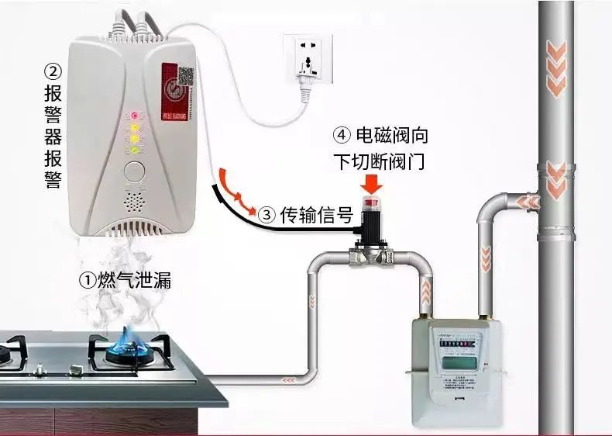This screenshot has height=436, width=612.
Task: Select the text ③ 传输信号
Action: [305, 213]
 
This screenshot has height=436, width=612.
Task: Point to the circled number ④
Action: [342, 135]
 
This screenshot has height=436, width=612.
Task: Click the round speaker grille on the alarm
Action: [134, 202]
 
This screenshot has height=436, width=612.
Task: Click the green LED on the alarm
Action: [133, 148]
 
